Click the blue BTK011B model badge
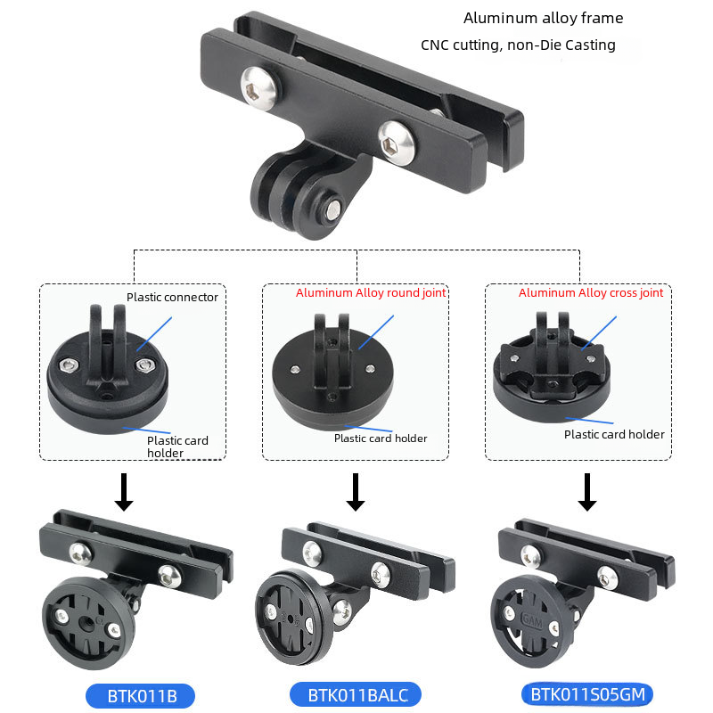click(x=140, y=696)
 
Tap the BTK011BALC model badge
click(x=356, y=695)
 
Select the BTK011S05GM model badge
click(x=587, y=694)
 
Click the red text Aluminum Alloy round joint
click(x=371, y=293)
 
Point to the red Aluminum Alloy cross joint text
click(x=591, y=293)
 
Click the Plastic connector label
click(x=172, y=297)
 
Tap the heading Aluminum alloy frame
click(x=544, y=18)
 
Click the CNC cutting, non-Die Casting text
click(x=518, y=45)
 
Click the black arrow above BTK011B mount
click(x=124, y=492)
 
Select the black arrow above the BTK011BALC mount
click(x=356, y=492)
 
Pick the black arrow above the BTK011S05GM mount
click(x=587, y=492)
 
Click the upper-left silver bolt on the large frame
click(x=259, y=87)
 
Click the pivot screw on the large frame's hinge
click(x=332, y=209)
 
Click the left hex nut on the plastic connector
click(x=69, y=365)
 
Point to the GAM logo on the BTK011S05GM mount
click(x=531, y=619)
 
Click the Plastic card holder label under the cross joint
click(x=614, y=434)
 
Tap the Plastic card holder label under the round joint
click(x=381, y=438)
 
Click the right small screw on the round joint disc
click(x=370, y=368)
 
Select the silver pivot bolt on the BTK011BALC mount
click(x=342, y=611)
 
